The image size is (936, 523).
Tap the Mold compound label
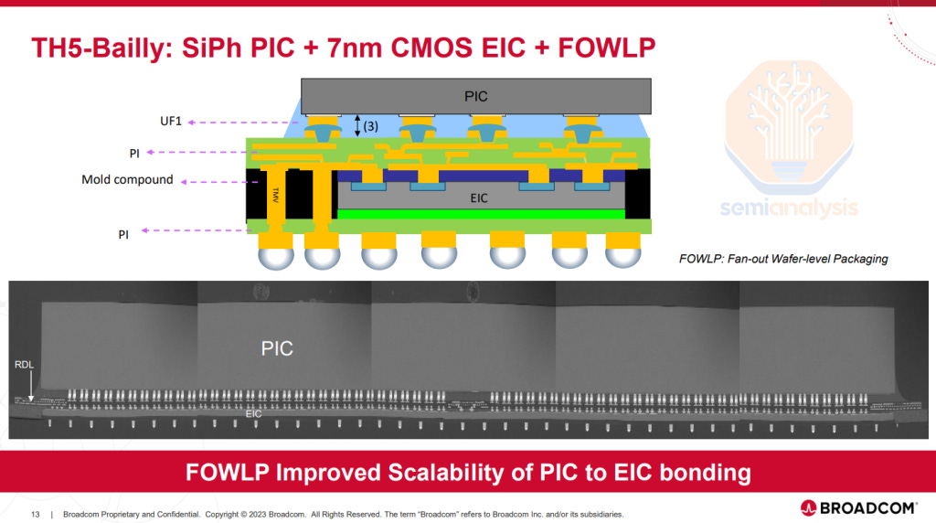[x=127, y=179]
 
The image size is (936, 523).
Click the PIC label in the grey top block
[x=475, y=95]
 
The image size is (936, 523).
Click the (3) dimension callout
[x=370, y=126]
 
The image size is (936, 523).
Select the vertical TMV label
[x=274, y=195]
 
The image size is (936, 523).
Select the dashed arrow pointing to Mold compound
[x=210, y=180]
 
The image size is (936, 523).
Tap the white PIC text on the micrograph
[x=278, y=348]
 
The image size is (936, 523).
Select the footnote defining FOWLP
[x=783, y=259]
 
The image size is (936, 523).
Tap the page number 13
[x=36, y=514]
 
